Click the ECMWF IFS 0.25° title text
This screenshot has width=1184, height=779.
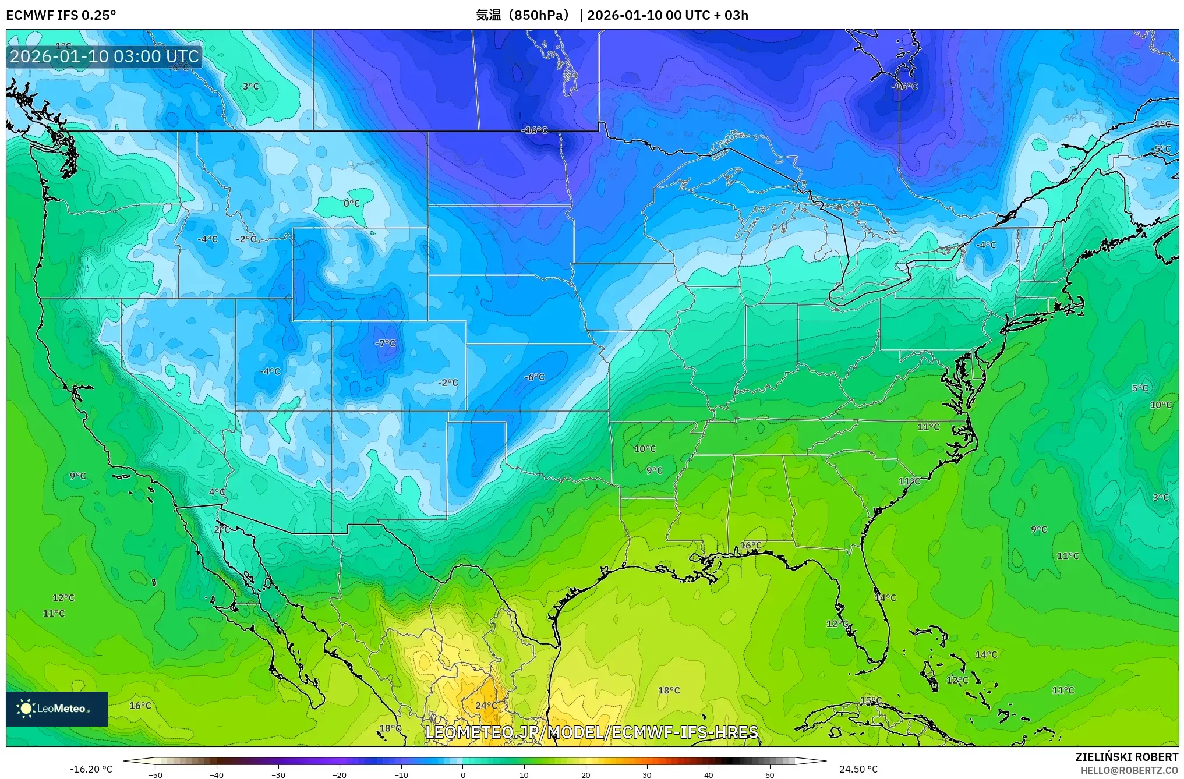[61, 15]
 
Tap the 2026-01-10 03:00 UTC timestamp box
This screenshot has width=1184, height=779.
[104, 56]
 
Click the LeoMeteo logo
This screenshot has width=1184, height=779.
[56, 709]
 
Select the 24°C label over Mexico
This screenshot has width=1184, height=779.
[486, 706]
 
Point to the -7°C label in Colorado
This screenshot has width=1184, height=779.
[385, 344]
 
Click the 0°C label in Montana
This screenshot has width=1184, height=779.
[351, 203]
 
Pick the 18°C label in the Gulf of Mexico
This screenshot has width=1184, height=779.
[669, 691]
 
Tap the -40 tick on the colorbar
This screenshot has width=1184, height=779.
[217, 774]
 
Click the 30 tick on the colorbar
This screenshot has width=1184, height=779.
[646, 774]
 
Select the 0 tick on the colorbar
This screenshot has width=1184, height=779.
[463, 774]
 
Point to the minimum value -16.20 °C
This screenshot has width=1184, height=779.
[91, 769]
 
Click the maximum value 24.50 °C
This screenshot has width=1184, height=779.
[858, 769]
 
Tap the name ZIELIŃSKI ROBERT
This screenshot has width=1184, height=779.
[1126, 757]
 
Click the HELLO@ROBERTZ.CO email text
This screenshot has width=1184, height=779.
[1129, 770]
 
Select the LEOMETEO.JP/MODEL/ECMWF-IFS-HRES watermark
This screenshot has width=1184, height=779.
[592, 732]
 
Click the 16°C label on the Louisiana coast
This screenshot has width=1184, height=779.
[750, 546]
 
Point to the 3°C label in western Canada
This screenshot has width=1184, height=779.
[250, 86]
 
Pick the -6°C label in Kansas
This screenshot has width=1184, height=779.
[534, 377]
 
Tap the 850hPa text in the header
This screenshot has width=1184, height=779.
[539, 15]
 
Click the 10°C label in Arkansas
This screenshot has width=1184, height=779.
[645, 449]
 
